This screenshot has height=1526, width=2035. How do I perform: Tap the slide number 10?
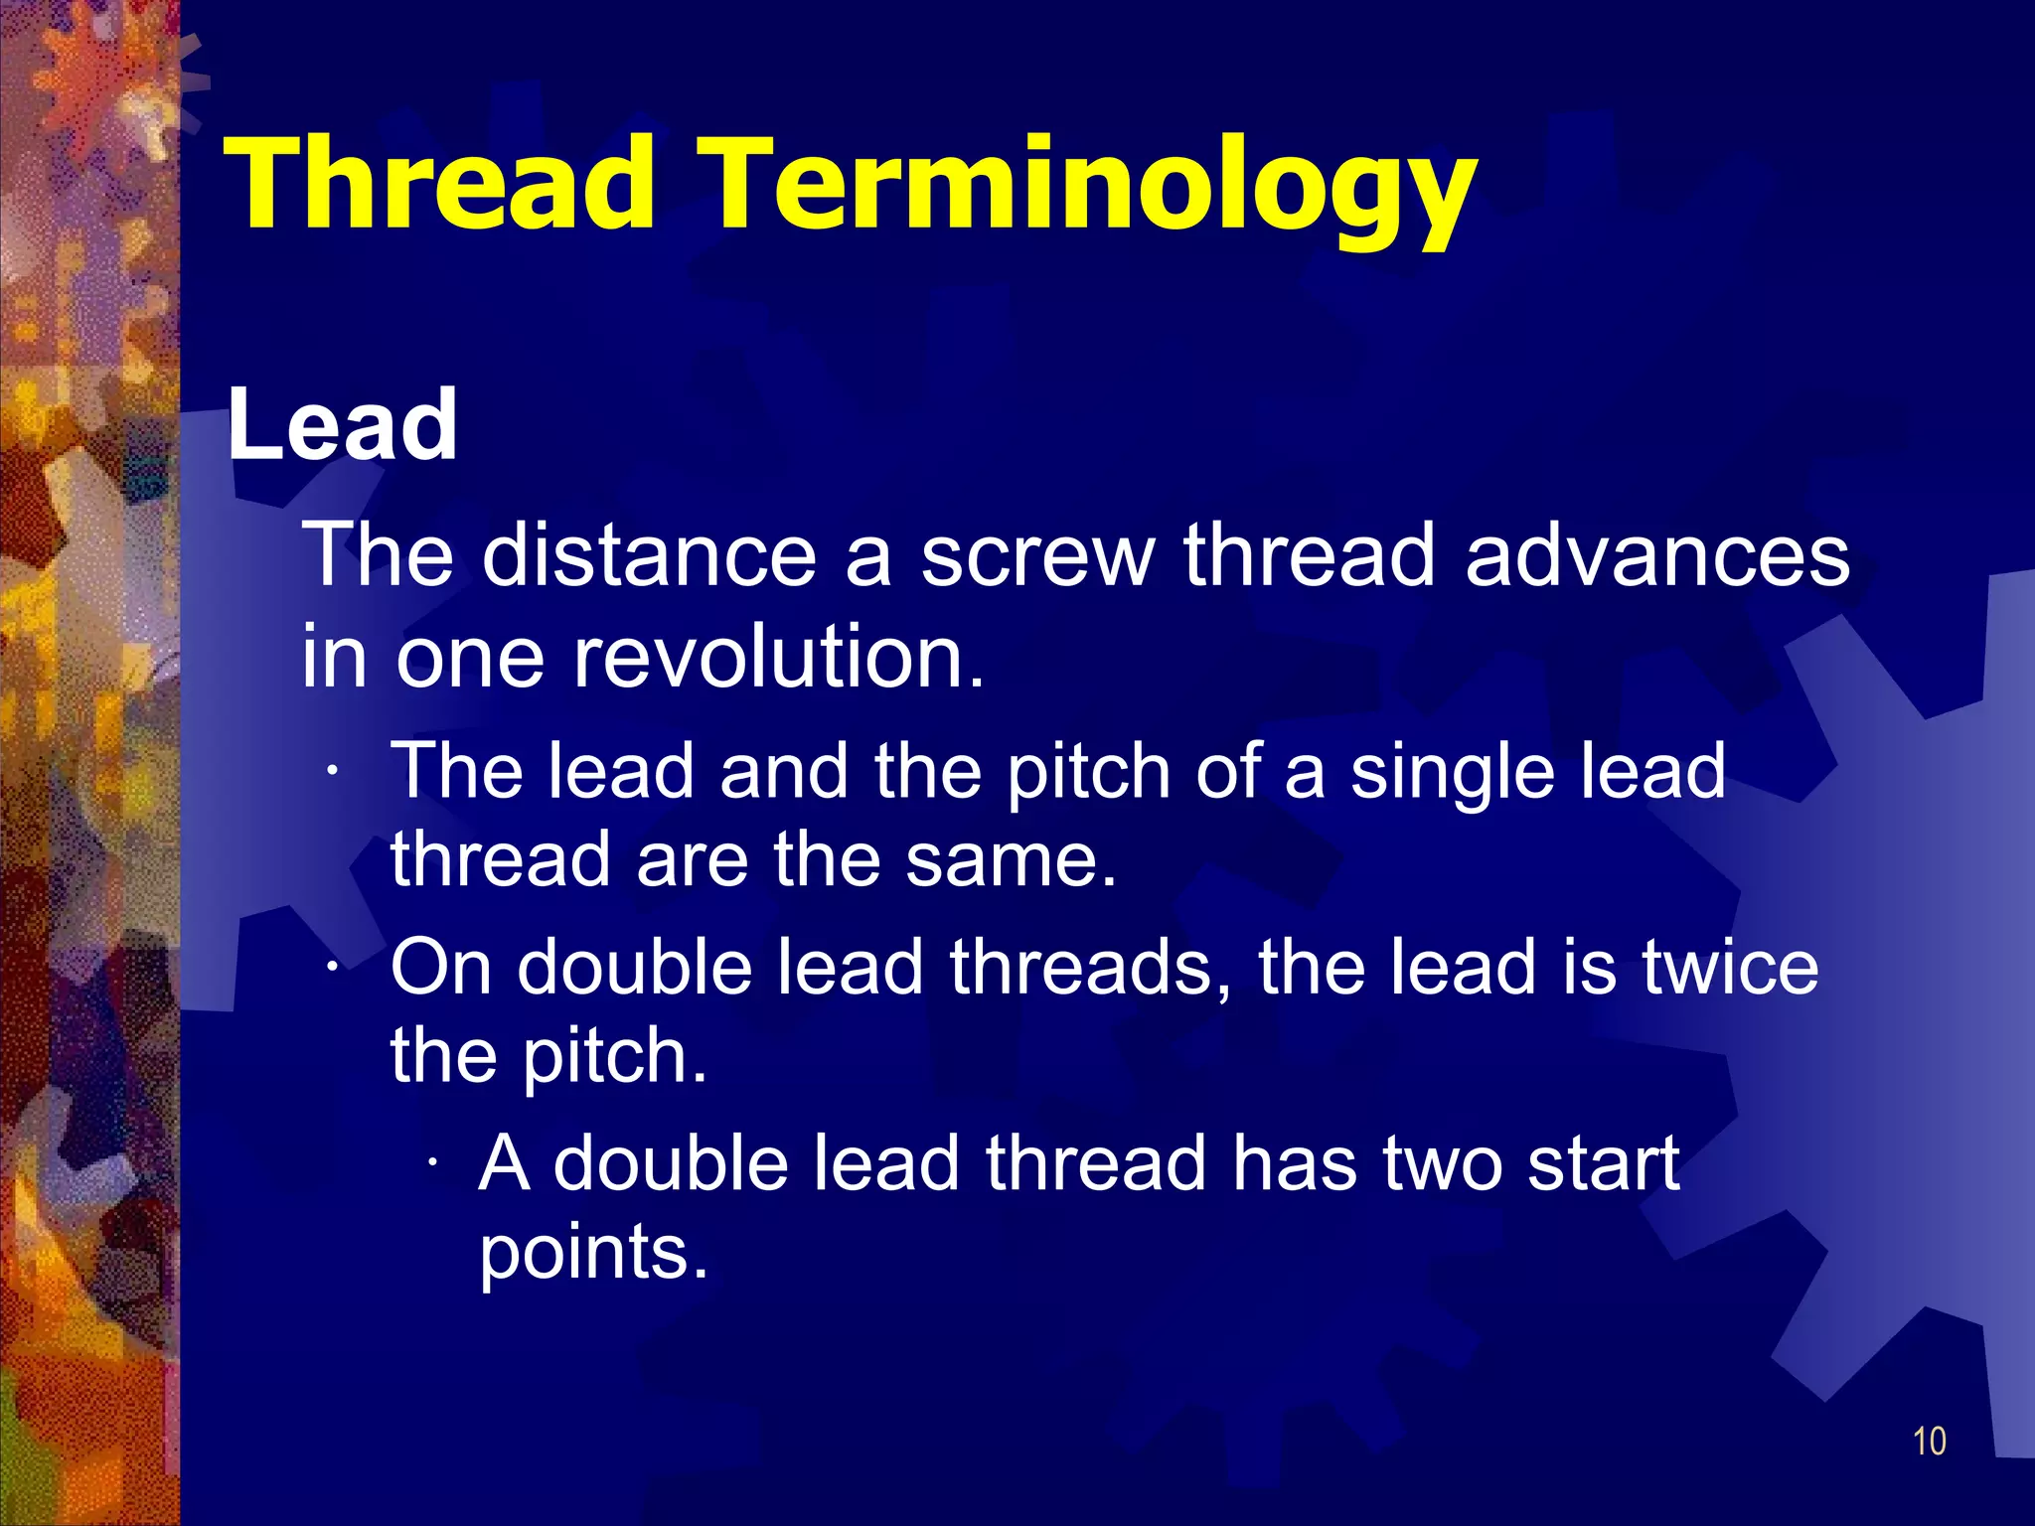pyautogui.click(x=1929, y=1442)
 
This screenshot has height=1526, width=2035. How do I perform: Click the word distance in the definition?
pyautogui.click(x=649, y=555)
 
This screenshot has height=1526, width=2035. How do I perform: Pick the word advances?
pyautogui.click(x=1656, y=555)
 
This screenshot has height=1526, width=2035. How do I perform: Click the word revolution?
pyautogui.click(x=778, y=658)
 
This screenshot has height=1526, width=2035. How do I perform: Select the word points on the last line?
pyautogui.click(x=593, y=1254)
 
